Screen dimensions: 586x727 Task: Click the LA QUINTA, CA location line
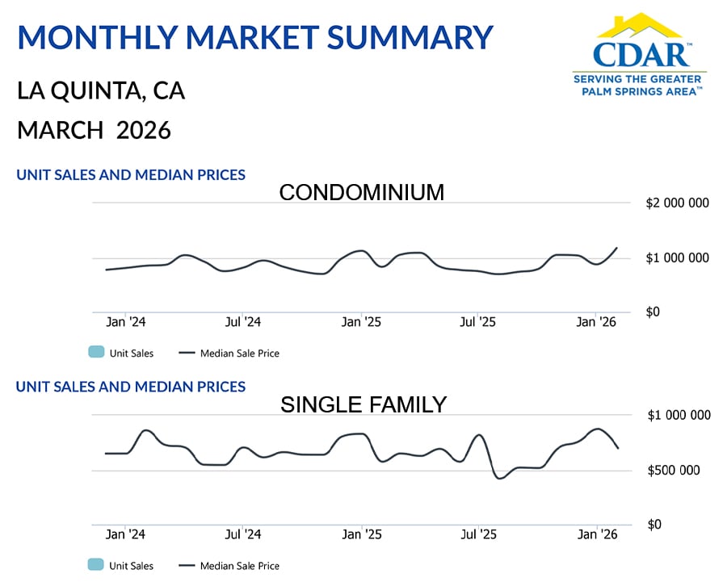(x=101, y=90)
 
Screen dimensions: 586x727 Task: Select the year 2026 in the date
(x=144, y=130)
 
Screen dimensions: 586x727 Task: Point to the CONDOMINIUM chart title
(x=361, y=193)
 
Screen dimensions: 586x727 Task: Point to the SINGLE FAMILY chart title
(x=363, y=404)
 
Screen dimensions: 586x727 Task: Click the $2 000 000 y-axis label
(x=678, y=203)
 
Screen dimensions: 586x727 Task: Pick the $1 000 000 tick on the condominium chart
(x=678, y=257)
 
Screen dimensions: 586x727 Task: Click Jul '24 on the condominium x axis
(x=243, y=322)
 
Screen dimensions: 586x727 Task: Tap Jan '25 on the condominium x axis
(x=361, y=322)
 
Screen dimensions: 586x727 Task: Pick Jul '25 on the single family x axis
(x=478, y=534)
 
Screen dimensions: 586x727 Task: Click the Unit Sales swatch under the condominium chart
(x=95, y=353)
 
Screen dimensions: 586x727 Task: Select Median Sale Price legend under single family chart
(x=239, y=566)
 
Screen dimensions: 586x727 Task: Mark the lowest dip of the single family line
(x=500, y=479)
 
